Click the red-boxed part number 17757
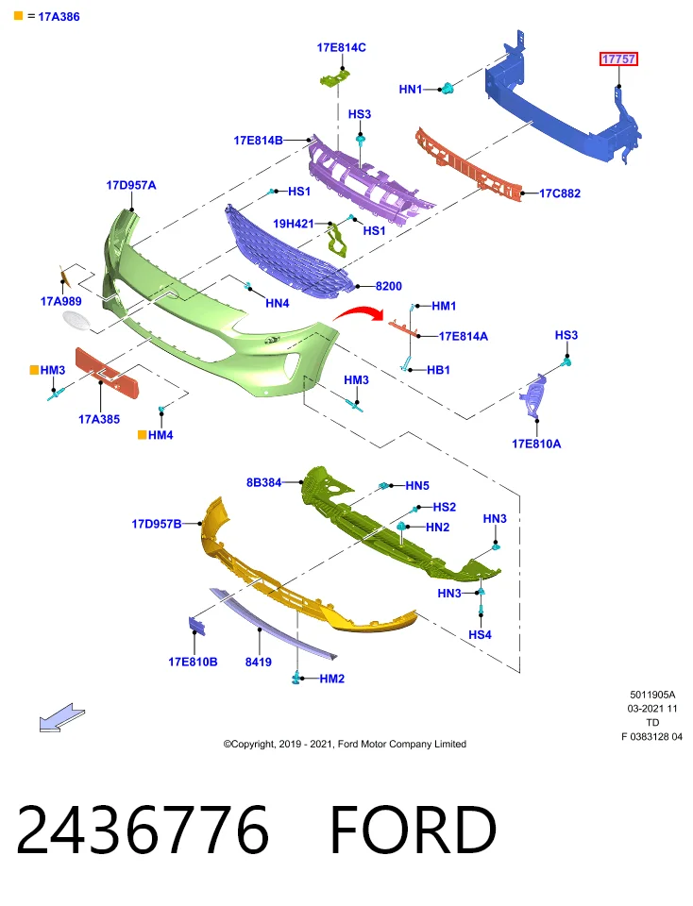pos(618,59)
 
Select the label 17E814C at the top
pos(341,47)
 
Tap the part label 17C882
pos(560,193)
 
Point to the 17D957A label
pos(131,186)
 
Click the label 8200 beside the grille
pos(388,286)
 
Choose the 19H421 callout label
pos(293,224)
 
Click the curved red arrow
pos(359,313)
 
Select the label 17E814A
pos(463,336)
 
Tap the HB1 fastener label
pos(438,370)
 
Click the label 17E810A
pos(536,444)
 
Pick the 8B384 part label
pos(263,482)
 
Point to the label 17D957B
pos(157,524)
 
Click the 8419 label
pos(259,663)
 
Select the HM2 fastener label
pos(331,679)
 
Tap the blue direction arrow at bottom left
pos(61,718)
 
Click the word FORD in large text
pos(414,830)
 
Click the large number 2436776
pos(143,830)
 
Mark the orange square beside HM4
pos(142,434)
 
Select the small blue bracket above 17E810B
pos(196,627)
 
